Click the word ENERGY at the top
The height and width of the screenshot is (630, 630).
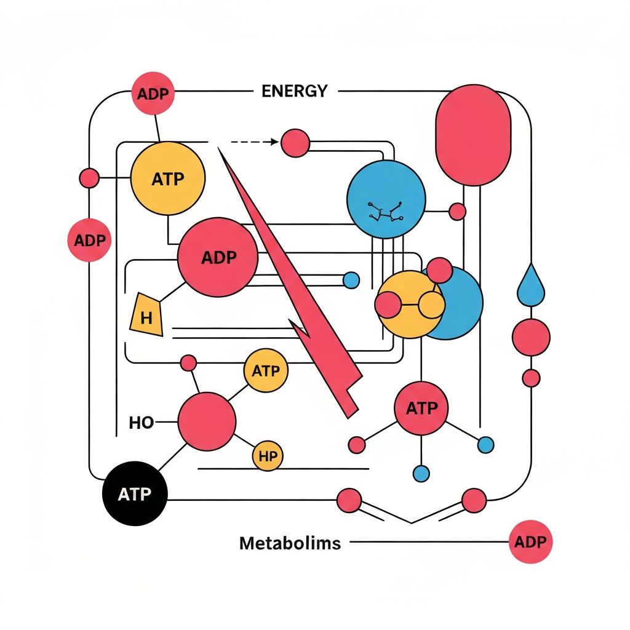[294, 91]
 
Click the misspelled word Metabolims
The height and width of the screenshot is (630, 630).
[289, 543]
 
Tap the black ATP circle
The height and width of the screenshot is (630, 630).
[134, 494]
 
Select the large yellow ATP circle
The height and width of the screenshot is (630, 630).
[168, 178]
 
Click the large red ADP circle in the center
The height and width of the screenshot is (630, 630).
[218, 257]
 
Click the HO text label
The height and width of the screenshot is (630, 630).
[142, 423]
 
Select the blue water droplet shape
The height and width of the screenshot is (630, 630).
[530, 287]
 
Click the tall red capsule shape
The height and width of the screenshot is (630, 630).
[473, 135]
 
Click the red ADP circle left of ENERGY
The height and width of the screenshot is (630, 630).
[153, 94]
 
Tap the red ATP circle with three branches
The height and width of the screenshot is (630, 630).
[421, 408]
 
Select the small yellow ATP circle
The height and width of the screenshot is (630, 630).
[266, 371]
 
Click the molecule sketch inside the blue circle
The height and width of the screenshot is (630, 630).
[385, 212]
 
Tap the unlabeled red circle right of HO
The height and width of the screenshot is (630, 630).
[207, 421]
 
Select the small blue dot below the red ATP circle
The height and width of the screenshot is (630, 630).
[421, 472]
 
